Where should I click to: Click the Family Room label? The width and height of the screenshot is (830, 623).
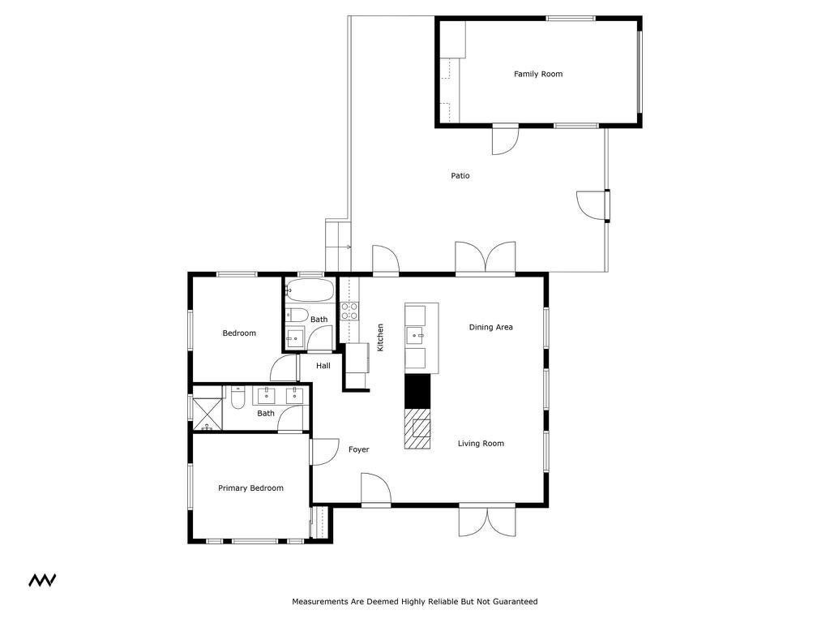537,74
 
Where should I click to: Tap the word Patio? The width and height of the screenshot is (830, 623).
460,175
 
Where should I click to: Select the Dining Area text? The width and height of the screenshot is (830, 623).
490,327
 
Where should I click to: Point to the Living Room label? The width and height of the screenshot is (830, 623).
481,443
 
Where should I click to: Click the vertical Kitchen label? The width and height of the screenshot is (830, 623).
380,337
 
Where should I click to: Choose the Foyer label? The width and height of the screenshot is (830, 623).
358,449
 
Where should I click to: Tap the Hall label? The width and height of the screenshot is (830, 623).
323,366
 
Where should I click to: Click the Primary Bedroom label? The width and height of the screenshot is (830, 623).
250,488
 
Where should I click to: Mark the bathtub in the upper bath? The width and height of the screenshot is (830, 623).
309,290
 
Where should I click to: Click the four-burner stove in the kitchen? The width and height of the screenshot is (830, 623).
349,311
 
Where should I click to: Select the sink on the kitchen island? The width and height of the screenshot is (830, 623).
417,333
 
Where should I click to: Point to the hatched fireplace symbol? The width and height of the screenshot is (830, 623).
419,428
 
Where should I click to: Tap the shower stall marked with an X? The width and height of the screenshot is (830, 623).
207,414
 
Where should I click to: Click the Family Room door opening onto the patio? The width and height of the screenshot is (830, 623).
504,140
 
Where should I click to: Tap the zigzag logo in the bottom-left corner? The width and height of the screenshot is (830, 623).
42,580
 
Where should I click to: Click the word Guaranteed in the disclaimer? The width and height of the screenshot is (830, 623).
511,602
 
